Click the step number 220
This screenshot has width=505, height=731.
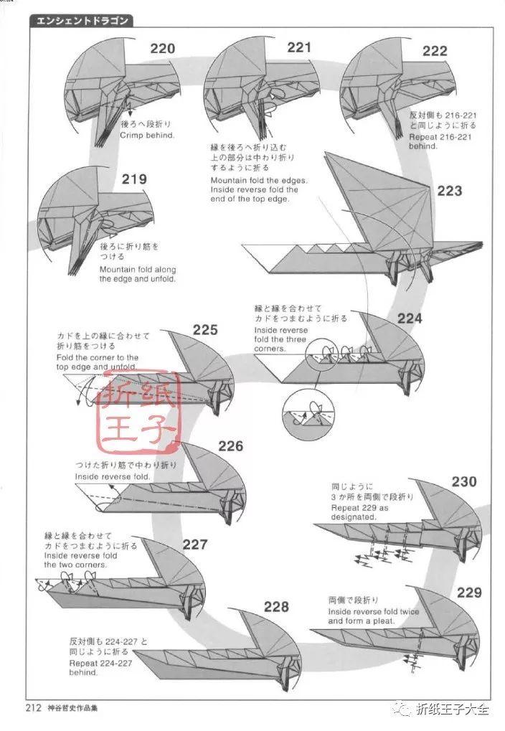163,49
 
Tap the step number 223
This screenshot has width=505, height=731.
449,192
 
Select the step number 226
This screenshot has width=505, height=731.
231,446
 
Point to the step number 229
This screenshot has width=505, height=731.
468,593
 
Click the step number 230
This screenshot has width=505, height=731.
463,481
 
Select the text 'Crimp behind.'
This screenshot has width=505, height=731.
147,135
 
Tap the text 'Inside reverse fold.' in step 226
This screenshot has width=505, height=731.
113,476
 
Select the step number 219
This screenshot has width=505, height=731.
134,179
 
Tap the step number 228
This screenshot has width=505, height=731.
276,607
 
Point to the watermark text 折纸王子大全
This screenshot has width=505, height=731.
452,710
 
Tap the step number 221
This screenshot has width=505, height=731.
299,47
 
